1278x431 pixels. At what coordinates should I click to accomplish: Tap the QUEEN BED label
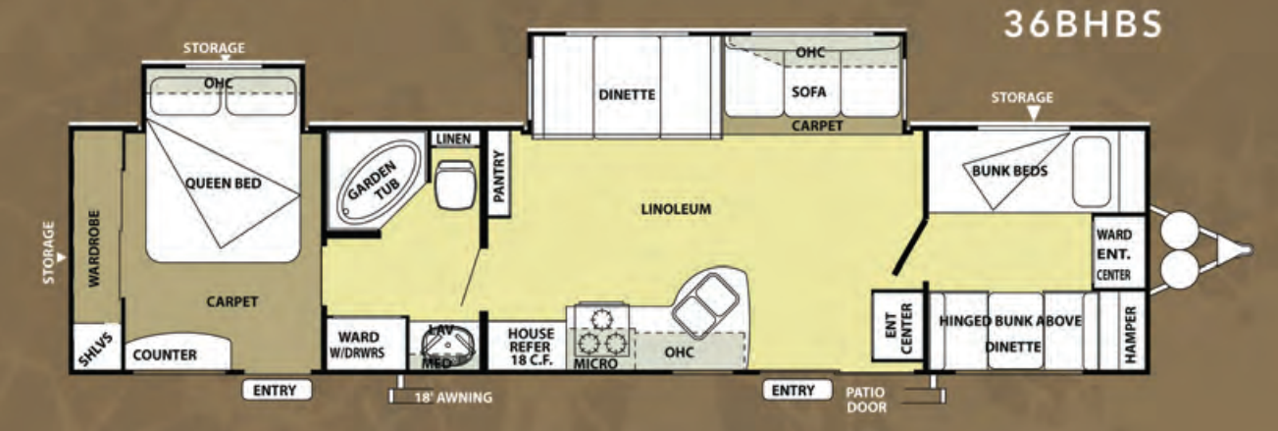point(223,184)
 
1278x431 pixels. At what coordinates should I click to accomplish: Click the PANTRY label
point(498,176)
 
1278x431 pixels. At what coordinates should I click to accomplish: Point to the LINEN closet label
point(454,138)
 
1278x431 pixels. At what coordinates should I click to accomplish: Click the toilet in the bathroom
point(455,185)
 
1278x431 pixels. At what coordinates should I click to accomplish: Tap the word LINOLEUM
point(676,209)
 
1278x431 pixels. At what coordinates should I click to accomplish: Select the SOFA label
point(809,92)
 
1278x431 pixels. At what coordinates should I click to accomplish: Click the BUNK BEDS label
point(1009,171)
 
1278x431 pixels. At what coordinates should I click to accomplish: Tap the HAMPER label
point(1130,335)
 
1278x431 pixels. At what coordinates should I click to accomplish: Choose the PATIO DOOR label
point(866,400)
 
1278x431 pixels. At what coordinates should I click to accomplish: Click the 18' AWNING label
point(453,398)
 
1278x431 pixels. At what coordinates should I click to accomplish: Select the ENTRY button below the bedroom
point(277,391)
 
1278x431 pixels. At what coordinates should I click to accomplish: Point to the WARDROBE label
point(95,248)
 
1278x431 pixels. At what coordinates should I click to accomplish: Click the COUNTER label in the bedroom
point(165,355)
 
